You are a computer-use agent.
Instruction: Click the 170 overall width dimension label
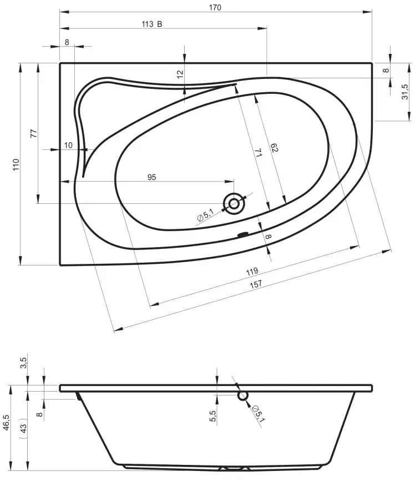tap(215, 7)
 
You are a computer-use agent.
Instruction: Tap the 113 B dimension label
tap(151, 24)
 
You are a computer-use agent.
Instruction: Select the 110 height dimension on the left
tap(16, 165)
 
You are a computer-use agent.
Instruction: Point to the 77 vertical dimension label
tap(34, 133)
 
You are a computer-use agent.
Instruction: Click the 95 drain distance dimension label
tap(151, 177)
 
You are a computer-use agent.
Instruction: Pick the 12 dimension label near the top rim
tap(180, 74)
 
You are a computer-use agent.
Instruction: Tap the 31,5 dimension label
tap(404, 92)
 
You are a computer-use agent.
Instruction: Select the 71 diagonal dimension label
tap(258, 152)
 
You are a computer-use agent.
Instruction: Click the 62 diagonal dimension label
tap(274, 148)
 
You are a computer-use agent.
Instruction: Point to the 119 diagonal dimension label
tap(252, 272)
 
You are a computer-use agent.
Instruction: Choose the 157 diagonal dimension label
tap(256, 284)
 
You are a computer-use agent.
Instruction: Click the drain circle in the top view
tap(234, 204)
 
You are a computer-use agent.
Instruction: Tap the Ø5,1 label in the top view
tap(205, 214)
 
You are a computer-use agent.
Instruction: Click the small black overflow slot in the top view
tap(243, 235)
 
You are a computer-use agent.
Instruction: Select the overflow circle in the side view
tap(243, 395)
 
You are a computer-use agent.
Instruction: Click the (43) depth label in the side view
tap(23, 428)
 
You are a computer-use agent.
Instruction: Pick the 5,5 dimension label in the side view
tap(212, 416)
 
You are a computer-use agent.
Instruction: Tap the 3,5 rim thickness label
tap(24, 363)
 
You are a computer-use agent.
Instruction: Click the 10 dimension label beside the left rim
tap(68, 145)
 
